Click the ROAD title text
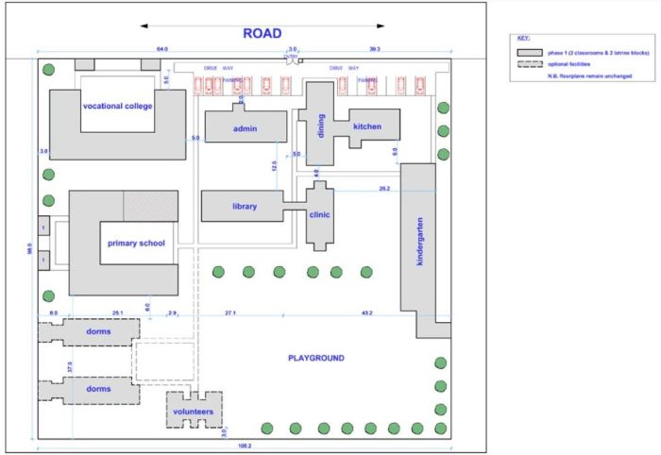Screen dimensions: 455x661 tap(262, 34)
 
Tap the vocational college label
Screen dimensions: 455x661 tap(118, 106)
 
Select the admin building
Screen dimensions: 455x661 tap(246, 126)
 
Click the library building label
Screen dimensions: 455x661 tap(244, 207)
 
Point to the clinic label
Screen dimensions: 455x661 tap(320, 215)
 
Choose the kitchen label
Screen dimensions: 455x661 tap(367, 126)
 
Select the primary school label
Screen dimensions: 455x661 tap(136, 244)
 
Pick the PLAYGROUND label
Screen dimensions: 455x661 tap(315, 359)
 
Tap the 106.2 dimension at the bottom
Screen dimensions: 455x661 tap(245, 445)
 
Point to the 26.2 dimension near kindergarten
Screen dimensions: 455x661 tap(383, 189)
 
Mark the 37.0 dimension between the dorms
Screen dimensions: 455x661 tap(69, 365)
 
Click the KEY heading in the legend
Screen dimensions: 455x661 tap(524, 39)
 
